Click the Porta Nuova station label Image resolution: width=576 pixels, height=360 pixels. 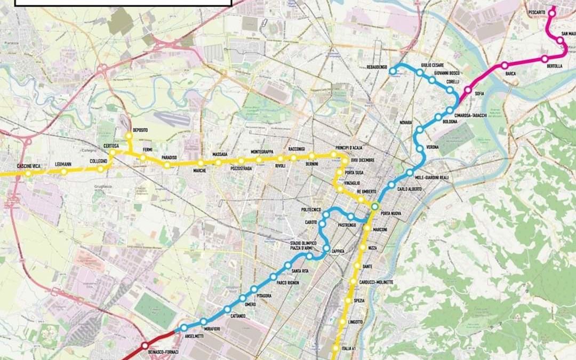(391, 213)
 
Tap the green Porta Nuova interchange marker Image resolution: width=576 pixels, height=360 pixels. (375, 206)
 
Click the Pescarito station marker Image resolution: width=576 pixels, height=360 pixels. (552, 14)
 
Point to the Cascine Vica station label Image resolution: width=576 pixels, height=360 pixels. (29, 166)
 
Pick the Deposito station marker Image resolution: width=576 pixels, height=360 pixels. (129, 136)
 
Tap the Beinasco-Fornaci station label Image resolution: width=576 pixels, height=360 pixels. (161, 352)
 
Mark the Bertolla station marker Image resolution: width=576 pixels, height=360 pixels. (545, 59)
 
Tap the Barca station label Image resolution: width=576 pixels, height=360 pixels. (510, 74)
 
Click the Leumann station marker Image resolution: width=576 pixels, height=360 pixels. (63, 171)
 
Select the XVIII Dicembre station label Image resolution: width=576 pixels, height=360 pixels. (363, 160)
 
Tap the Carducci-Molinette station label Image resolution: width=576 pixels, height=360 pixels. (376, 282)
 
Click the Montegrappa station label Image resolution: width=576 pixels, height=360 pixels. (262, 152)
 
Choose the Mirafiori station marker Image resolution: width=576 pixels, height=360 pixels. (203, 321)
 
